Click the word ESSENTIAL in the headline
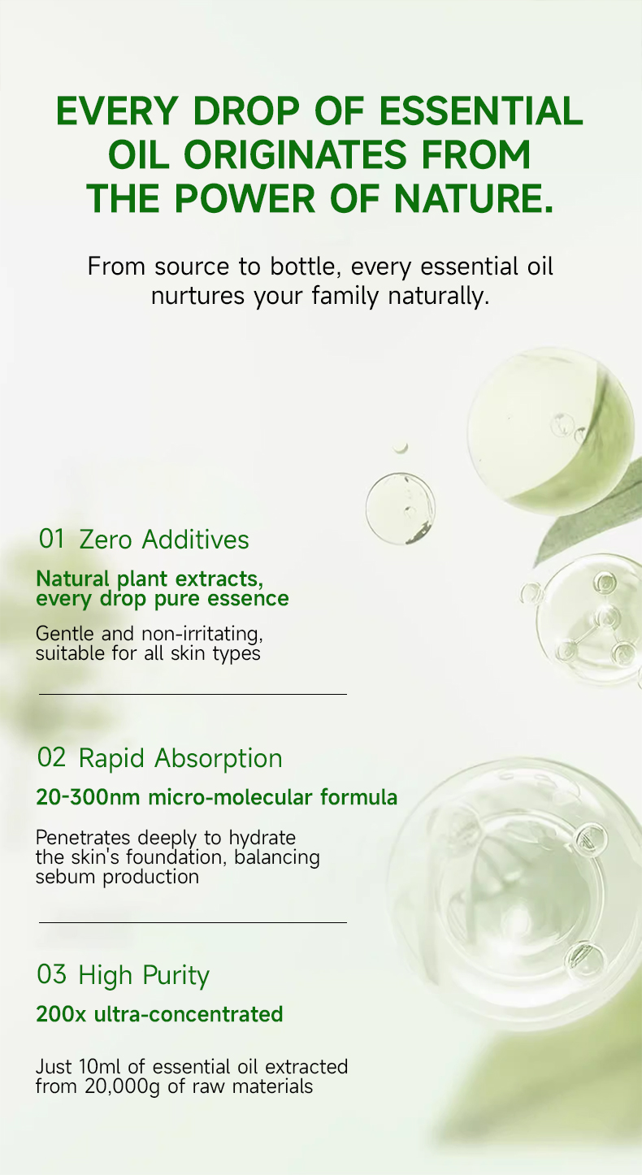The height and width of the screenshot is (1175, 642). click(481, 111)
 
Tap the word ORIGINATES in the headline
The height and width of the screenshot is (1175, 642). click(295, 154)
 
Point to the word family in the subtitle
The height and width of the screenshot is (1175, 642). click(345, 297)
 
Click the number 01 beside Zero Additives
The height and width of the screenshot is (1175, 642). click(51, 539)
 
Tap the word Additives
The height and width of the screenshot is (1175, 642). click(195, 540)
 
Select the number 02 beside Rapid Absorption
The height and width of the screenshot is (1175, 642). click(51, 757)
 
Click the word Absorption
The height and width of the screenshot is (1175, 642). click(218, 759)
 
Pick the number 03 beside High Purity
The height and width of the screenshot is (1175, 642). click(51, 974)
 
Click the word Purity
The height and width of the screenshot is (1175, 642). click(176, 976)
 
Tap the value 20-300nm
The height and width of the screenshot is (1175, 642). click(88, 797)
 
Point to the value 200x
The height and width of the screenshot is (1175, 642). click(61, 1014)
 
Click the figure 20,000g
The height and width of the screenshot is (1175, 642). click(122, 1086)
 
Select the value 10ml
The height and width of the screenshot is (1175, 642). click(100, 1067)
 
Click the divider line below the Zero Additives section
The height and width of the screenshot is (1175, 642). click(193, 694)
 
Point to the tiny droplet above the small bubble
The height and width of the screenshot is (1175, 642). click(401, 447)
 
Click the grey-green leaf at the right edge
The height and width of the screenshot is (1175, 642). click(592, 517)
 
